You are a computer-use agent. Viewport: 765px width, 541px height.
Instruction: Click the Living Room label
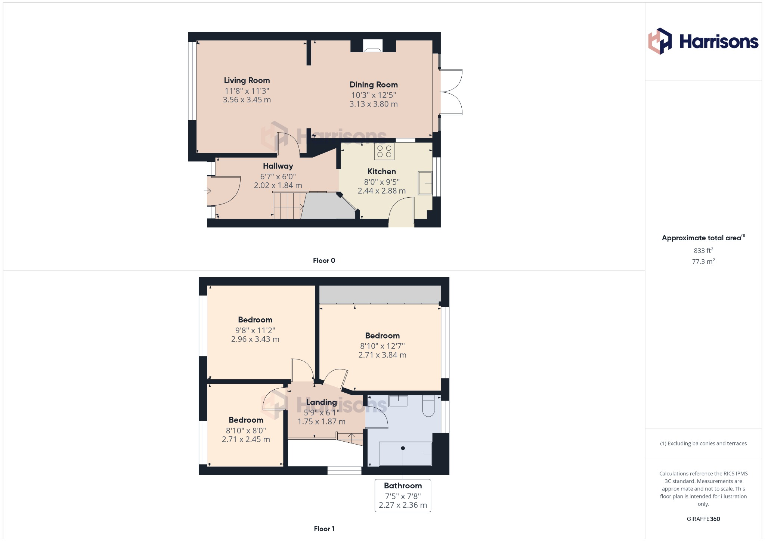click(247, 80)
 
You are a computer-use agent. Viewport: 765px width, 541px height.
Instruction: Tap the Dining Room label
click(374, 85)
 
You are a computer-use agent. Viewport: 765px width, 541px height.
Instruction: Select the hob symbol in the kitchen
click(384, 151)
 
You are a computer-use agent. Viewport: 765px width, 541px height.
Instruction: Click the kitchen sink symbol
click(425, 183)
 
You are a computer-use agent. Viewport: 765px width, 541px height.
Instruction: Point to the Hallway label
click(278, 166)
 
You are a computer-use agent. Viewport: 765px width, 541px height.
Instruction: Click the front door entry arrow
click(207, 191)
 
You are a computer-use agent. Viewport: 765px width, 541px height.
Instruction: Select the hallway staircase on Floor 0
click(287, 205)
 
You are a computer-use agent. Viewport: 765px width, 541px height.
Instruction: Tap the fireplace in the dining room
click(373, 46)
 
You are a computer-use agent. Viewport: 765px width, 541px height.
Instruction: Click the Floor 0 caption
click(324, 260)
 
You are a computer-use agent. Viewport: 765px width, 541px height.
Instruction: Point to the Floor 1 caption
click(324, 529)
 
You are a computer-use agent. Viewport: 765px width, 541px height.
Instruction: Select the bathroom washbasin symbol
click(398, 401)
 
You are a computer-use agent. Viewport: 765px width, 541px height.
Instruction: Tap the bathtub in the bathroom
click(405, 454)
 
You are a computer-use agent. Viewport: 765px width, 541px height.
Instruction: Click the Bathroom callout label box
click(403, 495)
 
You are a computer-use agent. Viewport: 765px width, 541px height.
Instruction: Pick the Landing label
click(322, 402)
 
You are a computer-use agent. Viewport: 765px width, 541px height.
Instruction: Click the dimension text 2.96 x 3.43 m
click(255, 339)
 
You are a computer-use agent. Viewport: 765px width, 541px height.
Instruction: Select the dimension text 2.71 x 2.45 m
click(246, 439)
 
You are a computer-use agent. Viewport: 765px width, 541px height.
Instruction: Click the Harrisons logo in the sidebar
click(703, 41)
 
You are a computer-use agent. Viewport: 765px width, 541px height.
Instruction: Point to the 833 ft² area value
click(703, 251)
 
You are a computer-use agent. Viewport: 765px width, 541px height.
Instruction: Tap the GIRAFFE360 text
click(703, 519)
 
